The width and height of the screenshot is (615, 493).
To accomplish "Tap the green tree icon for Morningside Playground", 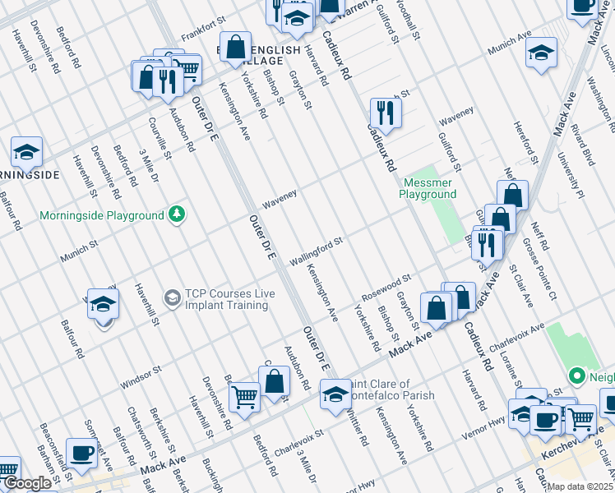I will [x=176, y=214].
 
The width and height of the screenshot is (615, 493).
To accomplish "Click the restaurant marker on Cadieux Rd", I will [x=385, y=112].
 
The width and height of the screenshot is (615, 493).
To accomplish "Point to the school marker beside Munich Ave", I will [x=541, y=55].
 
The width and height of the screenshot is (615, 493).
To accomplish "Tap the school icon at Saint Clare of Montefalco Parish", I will [x=335, y=394].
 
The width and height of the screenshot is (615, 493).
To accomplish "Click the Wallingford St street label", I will [x=315, y=251].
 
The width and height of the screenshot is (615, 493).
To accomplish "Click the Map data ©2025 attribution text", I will [x=580, y=486].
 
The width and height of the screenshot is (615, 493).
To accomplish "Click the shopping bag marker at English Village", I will [x=235, y=48].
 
